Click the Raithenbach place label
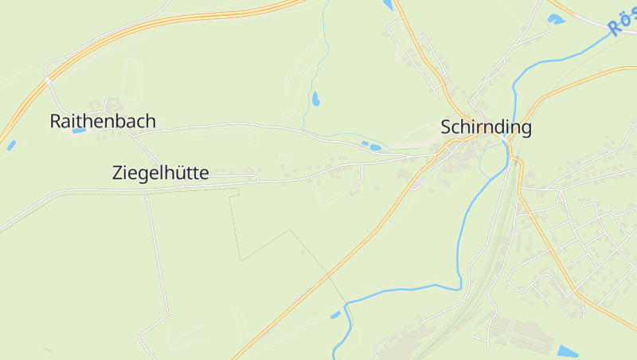click(103, 122)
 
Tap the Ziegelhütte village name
click(161, 173)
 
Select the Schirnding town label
click(486, 127)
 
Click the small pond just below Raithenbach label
click(79, 131)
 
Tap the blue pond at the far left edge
click(11, 145)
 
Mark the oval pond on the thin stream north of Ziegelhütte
click(316, 99)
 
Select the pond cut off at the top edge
click(388, 4)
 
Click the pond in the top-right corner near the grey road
click(556, 18)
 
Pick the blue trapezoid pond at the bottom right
click(568, 351)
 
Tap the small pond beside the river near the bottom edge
click(336, 315)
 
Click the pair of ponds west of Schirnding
click(370, 146)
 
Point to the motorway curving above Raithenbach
click(159, 32)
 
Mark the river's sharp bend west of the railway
click(460, 285)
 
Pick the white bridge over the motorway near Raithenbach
click(49, 80)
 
